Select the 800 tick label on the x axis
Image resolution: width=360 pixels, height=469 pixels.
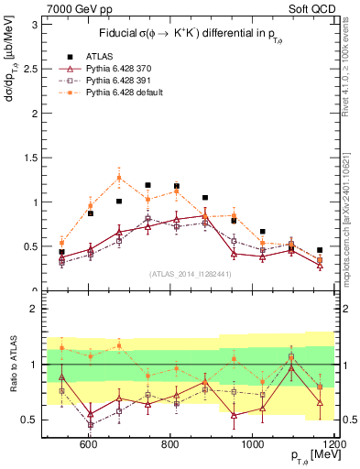(x=170, y=445)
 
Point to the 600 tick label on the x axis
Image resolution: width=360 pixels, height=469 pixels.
(x=89, y=445)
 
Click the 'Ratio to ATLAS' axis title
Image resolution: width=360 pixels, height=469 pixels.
(x=11, y=364)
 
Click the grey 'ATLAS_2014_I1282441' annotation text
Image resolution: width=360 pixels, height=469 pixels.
(x=189, y=273)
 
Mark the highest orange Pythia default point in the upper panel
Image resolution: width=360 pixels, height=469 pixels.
(x=119, y=178)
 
